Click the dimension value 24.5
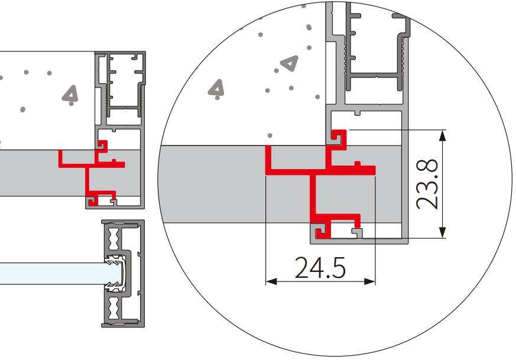(x=320, y=268)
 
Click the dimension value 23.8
(x=427, y=184)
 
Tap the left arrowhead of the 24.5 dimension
(x=271, y=281)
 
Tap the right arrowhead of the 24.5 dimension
(x=370, y=281)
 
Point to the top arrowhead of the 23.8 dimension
(x=443, y=135)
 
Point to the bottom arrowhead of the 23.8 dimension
(x=443, y=232)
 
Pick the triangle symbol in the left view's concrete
(x=70, y=93)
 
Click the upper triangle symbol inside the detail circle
(x=290, y=63)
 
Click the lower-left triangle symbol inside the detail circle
(x=216, y=88)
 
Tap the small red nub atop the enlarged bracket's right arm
(x=358, y=164)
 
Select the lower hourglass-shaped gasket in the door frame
(x=113, y=308)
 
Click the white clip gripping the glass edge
(x=116, y=273)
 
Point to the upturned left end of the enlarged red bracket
(x=268, y=158)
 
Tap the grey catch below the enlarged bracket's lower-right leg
(x=357, y=232)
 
